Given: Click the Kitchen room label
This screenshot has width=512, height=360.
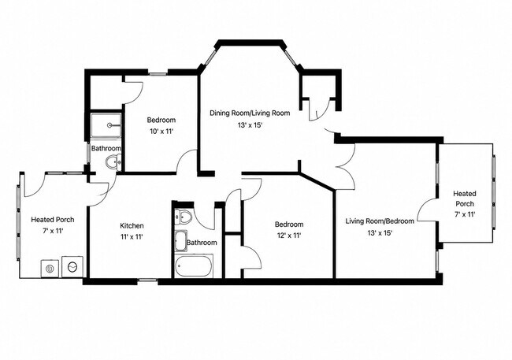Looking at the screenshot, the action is coord(132,226).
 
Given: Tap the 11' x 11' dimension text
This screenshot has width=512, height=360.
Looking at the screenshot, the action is coord(132,237).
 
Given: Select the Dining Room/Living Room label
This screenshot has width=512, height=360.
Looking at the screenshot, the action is coord(250,113).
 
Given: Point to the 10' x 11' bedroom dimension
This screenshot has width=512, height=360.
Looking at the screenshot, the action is coord(161,132).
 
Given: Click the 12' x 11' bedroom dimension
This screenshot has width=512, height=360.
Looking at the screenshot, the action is coord(289,236).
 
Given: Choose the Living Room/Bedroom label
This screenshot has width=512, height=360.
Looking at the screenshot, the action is coord(380,221).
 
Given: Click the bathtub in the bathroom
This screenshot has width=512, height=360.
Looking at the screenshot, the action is coord(194,266).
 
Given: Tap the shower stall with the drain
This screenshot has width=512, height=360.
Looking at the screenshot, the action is coord(106,125).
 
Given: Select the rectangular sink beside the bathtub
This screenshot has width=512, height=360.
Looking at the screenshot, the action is coord(181,241).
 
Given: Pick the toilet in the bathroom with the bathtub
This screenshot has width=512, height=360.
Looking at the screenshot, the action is coord(183,217).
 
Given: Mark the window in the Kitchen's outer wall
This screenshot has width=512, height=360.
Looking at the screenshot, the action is coord(147,280).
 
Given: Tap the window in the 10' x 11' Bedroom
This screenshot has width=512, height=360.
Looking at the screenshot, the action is coord(158,74).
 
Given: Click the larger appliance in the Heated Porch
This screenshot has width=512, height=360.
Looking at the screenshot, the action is coord(72,267).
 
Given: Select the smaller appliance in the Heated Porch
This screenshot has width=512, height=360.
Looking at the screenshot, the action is coord(50,269).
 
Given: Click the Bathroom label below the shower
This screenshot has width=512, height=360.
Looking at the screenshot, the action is coord(106,148).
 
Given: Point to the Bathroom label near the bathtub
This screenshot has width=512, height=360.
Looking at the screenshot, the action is coord(202,243).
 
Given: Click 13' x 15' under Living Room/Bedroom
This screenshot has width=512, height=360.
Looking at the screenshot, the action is coord(380,233).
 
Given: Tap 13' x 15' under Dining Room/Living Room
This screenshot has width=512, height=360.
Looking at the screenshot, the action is coord(250,124).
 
